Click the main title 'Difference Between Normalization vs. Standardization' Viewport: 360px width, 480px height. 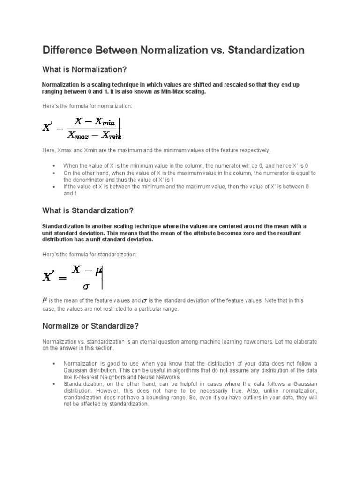tap(173, 50)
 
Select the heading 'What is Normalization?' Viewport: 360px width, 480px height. tap(85, 69)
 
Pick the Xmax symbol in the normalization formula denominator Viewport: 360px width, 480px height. tap(78, 136)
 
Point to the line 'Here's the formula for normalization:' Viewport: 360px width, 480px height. tap(87, 106)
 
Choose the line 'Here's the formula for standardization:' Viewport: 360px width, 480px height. tap(90, 254)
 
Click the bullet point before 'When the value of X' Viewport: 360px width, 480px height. tap(54, 166)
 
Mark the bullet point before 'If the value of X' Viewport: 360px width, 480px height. tap(54, 187)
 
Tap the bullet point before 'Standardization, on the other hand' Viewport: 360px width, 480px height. tap(54, 384)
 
